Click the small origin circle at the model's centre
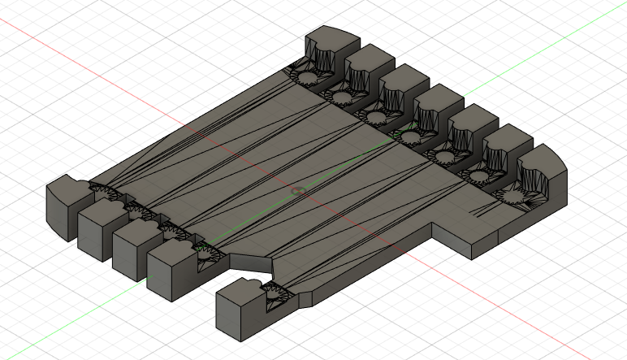(x=297, y=191)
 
